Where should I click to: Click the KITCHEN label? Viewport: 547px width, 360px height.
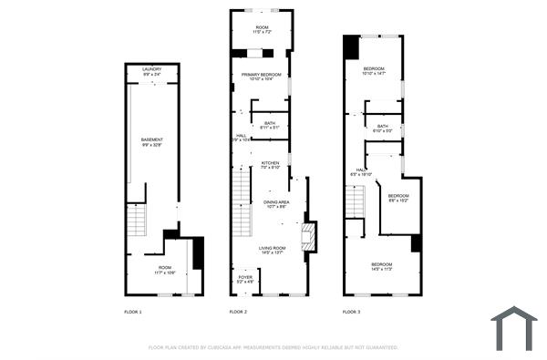tap(270, 165)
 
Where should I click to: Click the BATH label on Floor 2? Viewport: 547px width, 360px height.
tap(270, 125)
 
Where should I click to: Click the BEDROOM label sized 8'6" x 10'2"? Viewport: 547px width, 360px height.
tap(397, 198)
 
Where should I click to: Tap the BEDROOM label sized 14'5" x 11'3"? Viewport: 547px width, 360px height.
tap(381, 266)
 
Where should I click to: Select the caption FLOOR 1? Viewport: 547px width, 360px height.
tap(133, 313)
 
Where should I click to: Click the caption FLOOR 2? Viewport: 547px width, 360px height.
tap(238, 313)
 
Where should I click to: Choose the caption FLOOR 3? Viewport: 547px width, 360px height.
tap(351, 313)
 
